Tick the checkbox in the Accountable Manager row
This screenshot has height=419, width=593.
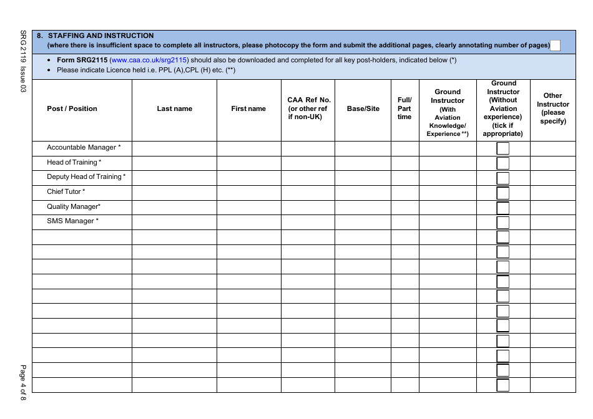(x=502, y=148)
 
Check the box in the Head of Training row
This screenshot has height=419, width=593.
(x=502, y=163)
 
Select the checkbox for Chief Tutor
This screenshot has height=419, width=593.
(x=502, y=193)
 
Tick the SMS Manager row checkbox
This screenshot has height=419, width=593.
(x=502, y=223)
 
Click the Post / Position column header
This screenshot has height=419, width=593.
(x=72, y=109)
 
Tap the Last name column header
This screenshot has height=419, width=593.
(x=174, y=109)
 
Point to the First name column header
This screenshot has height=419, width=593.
(x=248, y=109)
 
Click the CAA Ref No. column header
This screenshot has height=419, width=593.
(x=308, y=108)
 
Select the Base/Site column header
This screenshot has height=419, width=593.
(x=363, y=109)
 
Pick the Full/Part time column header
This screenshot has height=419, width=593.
(x=404, y=108)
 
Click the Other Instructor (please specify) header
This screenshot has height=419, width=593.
(x=553, y=108)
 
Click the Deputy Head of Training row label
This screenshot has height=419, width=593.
(x=86, y=177)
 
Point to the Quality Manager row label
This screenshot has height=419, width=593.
(x=74, y=207)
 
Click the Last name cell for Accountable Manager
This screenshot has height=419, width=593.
(x=174, y=148)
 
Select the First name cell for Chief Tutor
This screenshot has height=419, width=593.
(x=248, y=193)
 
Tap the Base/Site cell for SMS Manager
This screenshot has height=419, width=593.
(x=363, y=222)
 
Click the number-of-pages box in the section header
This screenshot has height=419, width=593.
(x=555, y=46)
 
